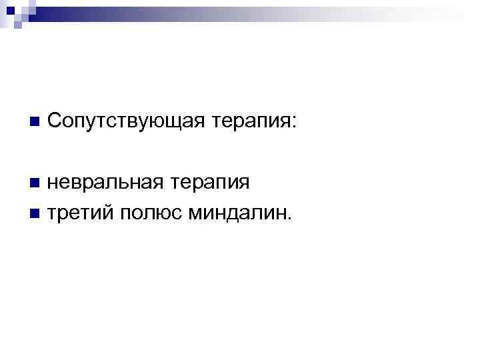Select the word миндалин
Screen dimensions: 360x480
[240, 213]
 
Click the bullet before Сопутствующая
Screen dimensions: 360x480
[34, 123]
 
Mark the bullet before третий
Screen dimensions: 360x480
[34, 214]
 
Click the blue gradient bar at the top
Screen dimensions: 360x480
[267, 13]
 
